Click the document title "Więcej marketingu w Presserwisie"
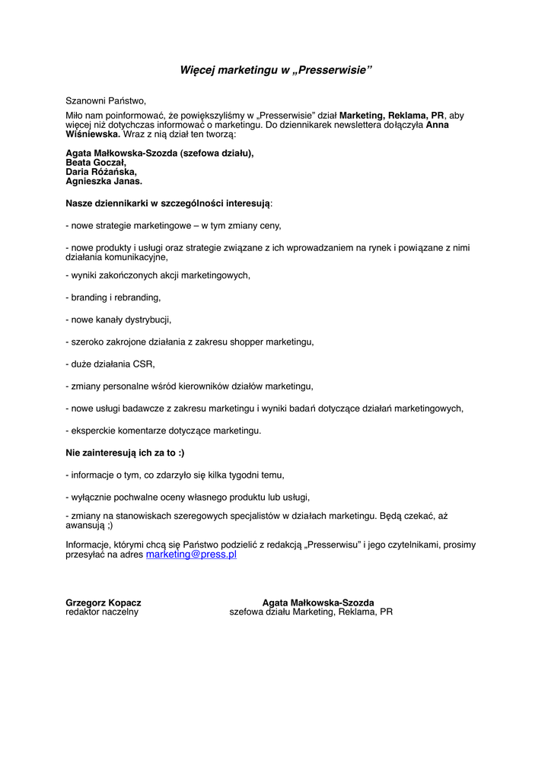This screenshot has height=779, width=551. [275, 71]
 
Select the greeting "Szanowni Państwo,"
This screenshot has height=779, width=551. [105, 100]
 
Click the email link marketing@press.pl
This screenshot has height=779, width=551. [191, 555]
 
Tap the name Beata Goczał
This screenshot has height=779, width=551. [96, 163]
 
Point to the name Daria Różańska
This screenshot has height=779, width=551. [101, 172]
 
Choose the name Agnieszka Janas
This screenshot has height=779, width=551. [104, 182]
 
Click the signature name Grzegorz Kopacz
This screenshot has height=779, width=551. [104, 603]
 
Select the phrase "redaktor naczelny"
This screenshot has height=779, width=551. [102, 612]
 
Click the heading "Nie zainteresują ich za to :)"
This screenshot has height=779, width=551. [125, 453]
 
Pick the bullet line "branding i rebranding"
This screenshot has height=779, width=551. [114, 297]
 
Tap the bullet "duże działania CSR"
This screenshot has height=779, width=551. [111, 364]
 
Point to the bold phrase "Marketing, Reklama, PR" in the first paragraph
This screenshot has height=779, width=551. [391, 116]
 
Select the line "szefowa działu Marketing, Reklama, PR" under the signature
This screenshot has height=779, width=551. [311, 612]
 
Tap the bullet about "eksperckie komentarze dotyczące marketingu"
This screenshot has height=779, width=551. [164, 431]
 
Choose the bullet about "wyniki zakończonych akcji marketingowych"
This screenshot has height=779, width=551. [158, 275]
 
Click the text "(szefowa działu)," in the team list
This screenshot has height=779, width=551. [217, 153]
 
